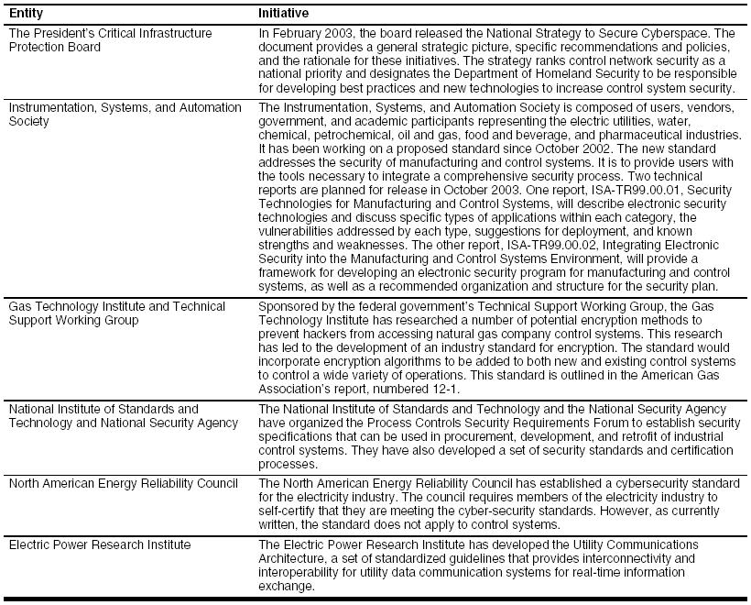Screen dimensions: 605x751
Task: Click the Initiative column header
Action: coord(283,14)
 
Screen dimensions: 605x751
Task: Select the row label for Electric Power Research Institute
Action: coord(99,544)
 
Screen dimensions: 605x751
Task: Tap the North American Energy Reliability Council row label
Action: coord(123,483)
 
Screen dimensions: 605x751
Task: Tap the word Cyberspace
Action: coord(692,33)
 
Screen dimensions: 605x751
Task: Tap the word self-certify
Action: coord(287,511)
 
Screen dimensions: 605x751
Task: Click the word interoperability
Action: coord(310,572)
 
